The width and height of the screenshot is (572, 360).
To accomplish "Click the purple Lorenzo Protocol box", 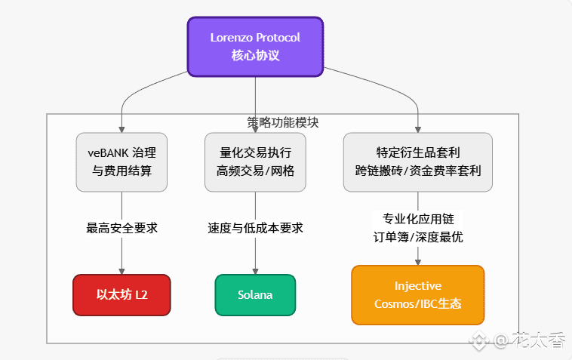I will (x=255, y=46).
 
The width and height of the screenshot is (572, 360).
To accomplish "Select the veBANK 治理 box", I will (x=121, y=162).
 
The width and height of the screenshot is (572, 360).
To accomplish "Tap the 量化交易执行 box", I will (x=255, y=162).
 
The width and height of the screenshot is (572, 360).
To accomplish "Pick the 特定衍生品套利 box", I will (x=417, y=162).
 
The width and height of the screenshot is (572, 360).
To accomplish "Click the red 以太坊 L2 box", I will (x=121, y=294).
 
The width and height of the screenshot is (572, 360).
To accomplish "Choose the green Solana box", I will (x=255, y=294).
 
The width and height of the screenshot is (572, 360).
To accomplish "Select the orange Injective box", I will (x=417, y=294).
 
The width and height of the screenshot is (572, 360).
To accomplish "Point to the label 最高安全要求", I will (x=121, y=228).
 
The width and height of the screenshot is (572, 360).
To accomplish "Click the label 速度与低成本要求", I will (x=255, y=228).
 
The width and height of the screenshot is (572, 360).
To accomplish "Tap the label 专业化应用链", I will (x=417, y=219).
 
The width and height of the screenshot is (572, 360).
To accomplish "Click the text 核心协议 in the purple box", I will (x=255, y=56).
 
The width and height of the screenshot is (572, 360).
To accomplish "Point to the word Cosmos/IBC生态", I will (x=417, y=303).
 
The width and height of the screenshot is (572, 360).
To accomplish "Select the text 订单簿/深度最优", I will (x=417, y=236).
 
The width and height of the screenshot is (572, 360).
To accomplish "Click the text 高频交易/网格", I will (x=255, y=171).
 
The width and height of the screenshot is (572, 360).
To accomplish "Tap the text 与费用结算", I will (x=121, y=171).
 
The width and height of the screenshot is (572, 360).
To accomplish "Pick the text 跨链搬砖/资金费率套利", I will (x=417, y=171).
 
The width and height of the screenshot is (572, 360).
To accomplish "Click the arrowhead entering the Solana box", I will (x=255, y=270).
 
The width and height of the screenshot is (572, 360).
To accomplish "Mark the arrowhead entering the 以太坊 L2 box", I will (x=121, y=270).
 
